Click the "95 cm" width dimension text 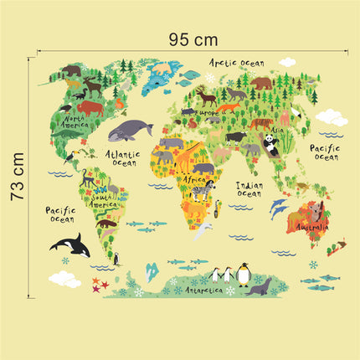193,39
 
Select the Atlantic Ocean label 124,158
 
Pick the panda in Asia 272,145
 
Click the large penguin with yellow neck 244,273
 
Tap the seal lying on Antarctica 258,289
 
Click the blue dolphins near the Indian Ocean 278,207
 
